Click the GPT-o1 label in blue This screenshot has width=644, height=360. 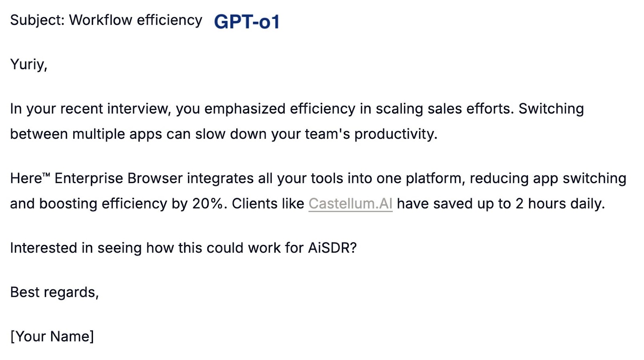[247, 22]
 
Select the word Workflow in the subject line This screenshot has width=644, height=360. [101, 20]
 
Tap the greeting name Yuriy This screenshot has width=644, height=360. [29, 64]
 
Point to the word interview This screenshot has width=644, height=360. [139, 109]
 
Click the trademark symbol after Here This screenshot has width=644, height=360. [46, 174]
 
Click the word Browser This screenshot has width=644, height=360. [155, 178]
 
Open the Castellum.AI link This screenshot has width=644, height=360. [351, 204]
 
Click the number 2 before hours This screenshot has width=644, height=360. [520, 204]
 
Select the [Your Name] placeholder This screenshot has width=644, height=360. [52, 336]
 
